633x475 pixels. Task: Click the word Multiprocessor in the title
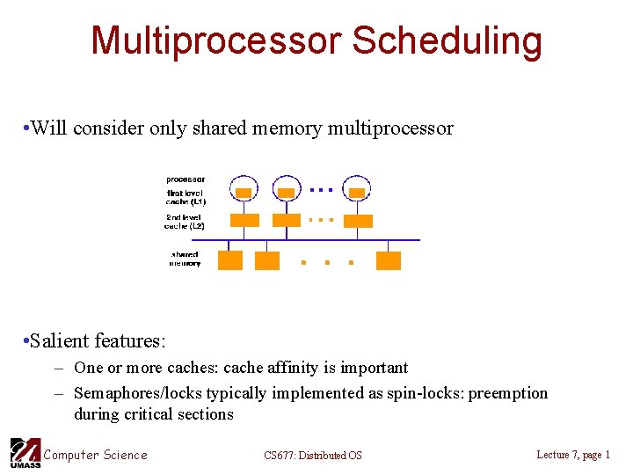pyautogui.click(x=215, y=40)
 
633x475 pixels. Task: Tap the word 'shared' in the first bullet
pyautogui.click(x=269, y=128)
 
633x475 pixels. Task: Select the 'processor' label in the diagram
pyautogui.click(x=186, y=179)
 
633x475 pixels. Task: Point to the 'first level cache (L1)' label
pyautogui.click(x=185, y=197)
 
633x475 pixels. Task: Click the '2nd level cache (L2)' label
pyautogui.click(x=185, y=221)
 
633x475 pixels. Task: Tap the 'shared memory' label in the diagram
pyautogui.click(x=185, y=259)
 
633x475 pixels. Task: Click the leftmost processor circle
pyautogui.click(x=244, y=188)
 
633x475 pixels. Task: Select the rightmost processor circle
pyautogui.click(x=356, y=188)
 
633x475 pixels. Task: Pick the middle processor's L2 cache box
pyautogui.click(x=286, y=220)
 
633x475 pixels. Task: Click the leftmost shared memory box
pyautogui.click(x=230, y=260)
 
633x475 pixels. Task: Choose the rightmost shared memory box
pyautogui.click(x=388, y=260)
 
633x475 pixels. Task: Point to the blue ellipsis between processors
pyautogui.click(x=321, y=189)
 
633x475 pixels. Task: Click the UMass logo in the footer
pyautogui.click(x=24, y=453)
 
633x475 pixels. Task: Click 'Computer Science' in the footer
pyautogui.click(x=96, y=454)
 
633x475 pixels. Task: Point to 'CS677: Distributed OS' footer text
pyautogui.click(x=312, y=455)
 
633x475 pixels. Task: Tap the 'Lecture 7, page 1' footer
pyautogui.click(x=572, y=454)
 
